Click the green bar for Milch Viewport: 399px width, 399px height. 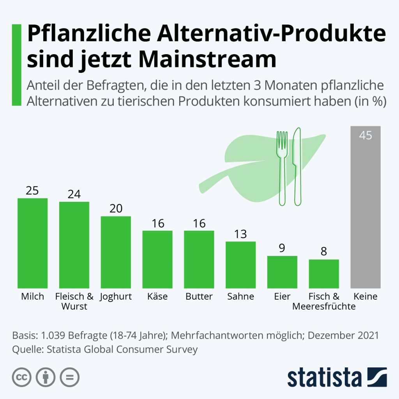coord(33,243)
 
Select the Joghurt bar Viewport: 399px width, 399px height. coord(116,252)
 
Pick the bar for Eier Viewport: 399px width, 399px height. coord(282,272)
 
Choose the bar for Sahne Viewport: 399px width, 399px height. coord(241,265)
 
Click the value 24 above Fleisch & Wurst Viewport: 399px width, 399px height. coord(74,194)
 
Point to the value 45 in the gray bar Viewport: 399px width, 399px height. coord(365,136)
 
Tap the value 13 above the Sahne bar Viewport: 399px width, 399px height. coord(241,234)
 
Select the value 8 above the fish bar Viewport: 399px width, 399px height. coord(324,251)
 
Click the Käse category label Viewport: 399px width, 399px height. coord(158,297)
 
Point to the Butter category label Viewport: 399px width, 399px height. coord(199,297)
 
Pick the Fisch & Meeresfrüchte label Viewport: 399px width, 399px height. coord(324,301)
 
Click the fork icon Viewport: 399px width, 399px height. coord(282,168)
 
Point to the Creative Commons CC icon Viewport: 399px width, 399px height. coord(22,377)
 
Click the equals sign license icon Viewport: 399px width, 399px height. coord(69,377)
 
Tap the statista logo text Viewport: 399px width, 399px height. coord(324,377)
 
